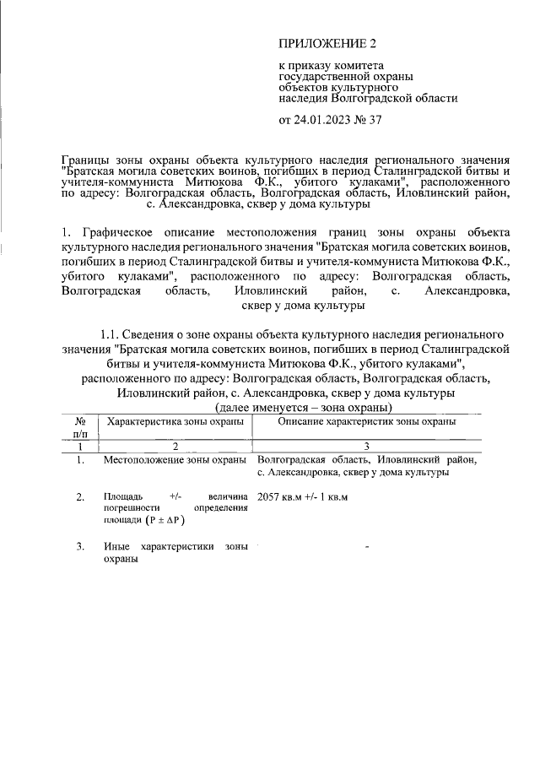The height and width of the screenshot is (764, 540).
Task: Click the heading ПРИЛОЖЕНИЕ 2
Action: pos(327,42)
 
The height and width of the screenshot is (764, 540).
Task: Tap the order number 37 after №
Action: pos(375,119)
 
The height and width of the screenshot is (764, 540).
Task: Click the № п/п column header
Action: pos(81,426)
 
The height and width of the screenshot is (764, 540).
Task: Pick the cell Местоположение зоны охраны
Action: pos(175,460)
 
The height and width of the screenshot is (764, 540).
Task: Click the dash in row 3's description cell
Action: pos(367,548)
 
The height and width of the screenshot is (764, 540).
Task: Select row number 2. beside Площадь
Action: pos(80,496)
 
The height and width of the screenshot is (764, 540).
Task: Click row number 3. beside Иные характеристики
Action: pos(80,547)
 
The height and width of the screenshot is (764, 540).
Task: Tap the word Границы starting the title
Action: pos(87,159)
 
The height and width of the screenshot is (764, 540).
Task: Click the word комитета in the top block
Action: pos(358,65)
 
